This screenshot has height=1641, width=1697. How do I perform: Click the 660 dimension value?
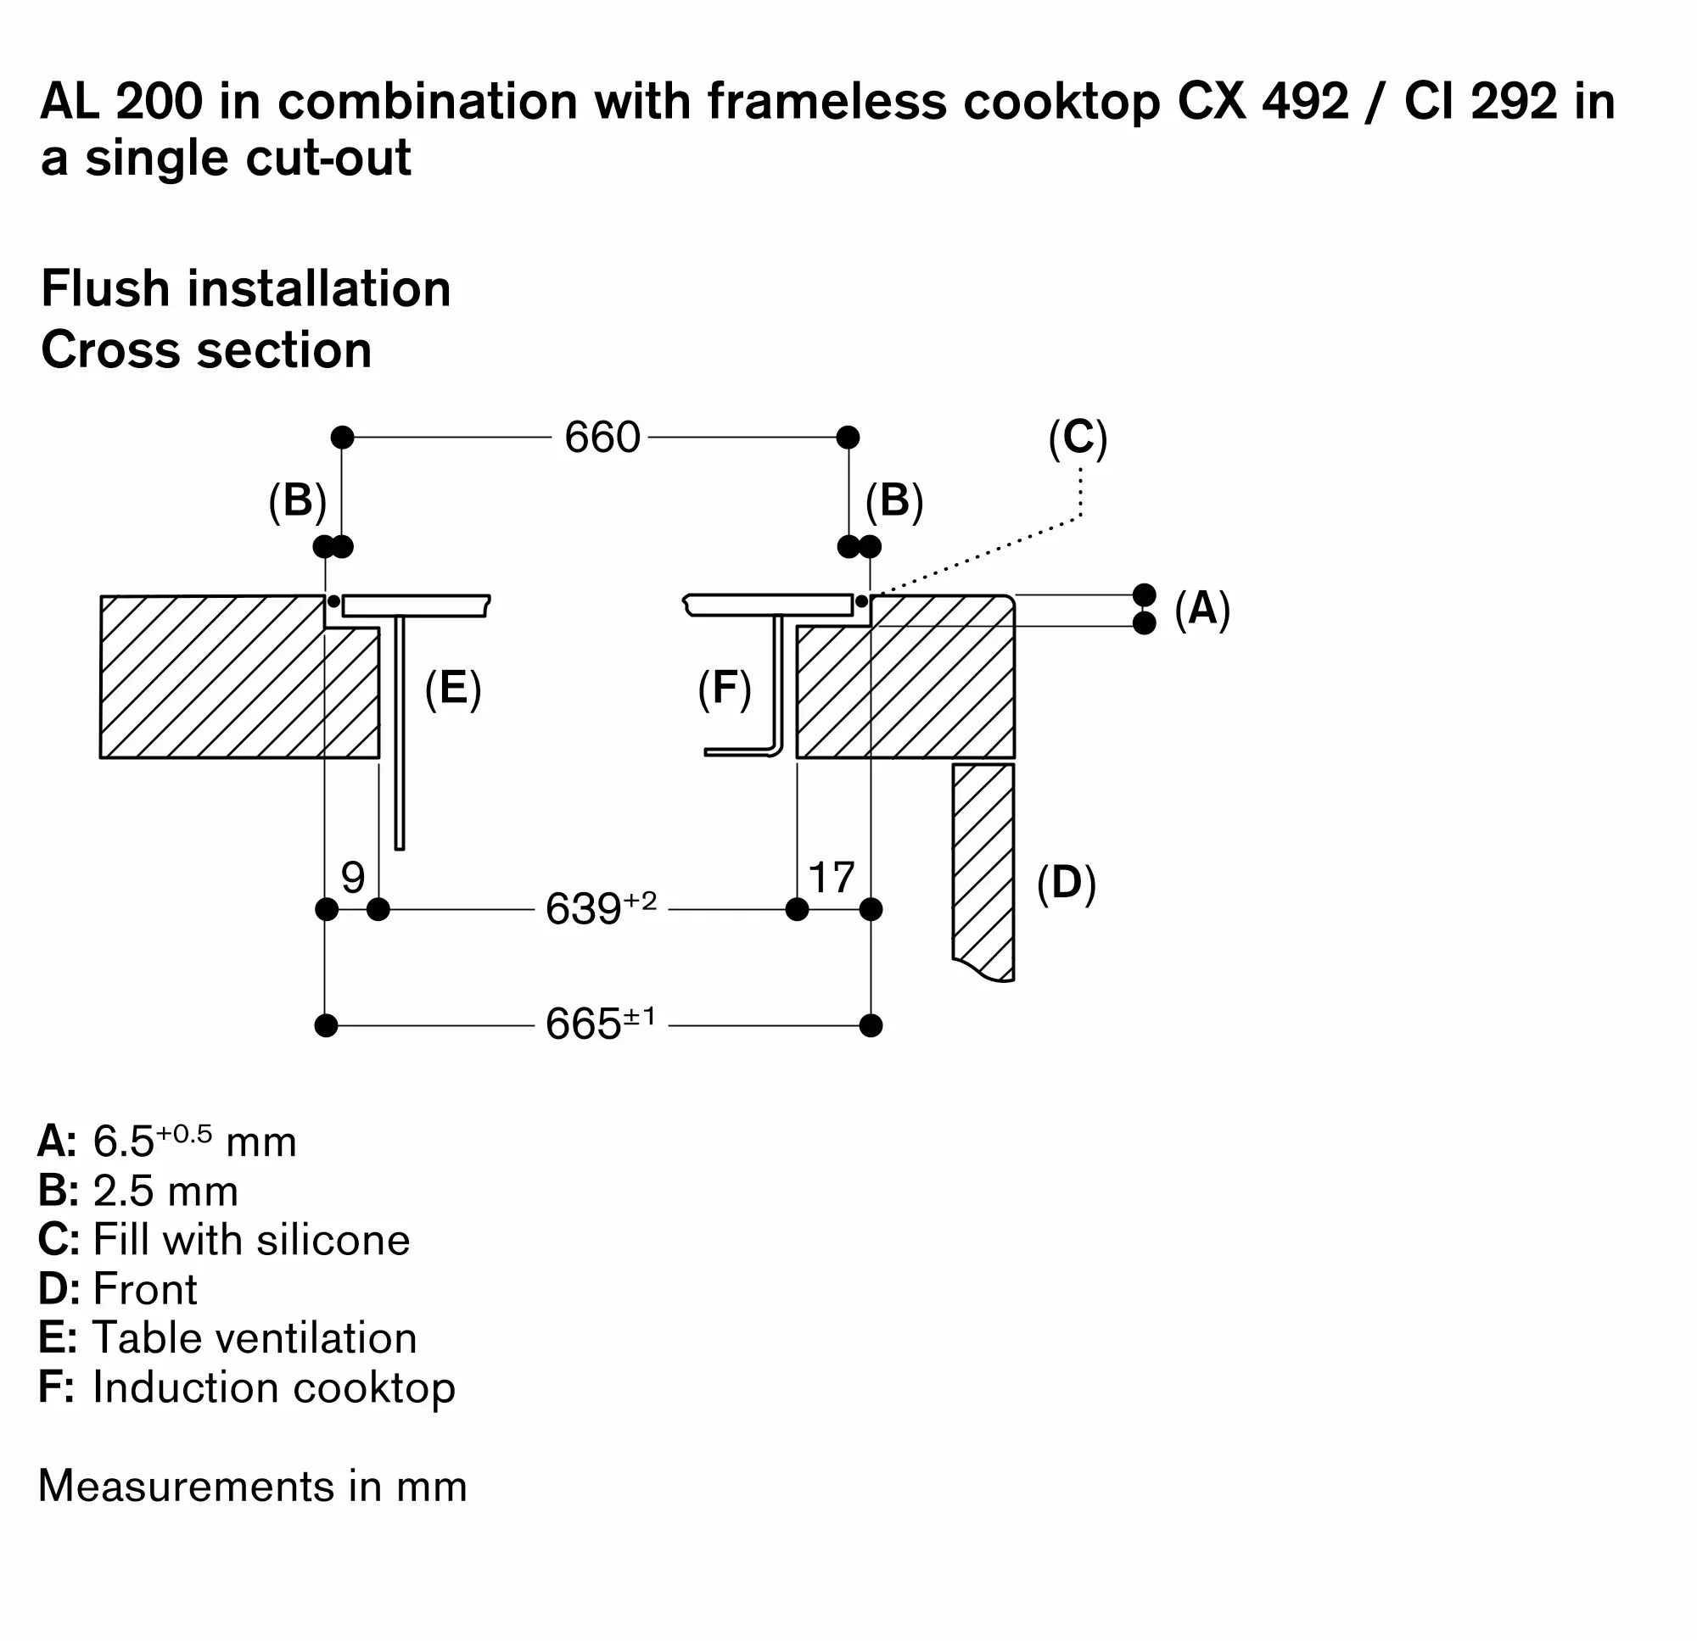[x=602, y=437]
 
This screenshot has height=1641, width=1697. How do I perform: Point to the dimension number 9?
[x=352, y=878]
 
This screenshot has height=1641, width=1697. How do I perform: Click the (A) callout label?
[x=1201, y=608]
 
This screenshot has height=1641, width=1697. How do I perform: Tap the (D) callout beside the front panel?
[x=1067, y=883]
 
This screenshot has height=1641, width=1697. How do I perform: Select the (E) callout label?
[x=453, y=689]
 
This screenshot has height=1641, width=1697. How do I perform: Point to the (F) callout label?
[x=725, y=689]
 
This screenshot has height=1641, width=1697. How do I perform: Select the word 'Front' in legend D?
[x=144, y=1289]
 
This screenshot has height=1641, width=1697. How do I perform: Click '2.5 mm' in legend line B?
[x=165, y=1191]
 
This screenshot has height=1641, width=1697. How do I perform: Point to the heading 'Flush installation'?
[x=246, y=288]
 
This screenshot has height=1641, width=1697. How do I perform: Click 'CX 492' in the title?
[x=1263, y=101]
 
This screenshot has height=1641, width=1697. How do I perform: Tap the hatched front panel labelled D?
[x=983, y=866]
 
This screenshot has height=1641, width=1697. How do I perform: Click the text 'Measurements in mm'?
[x=253, y=1485]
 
